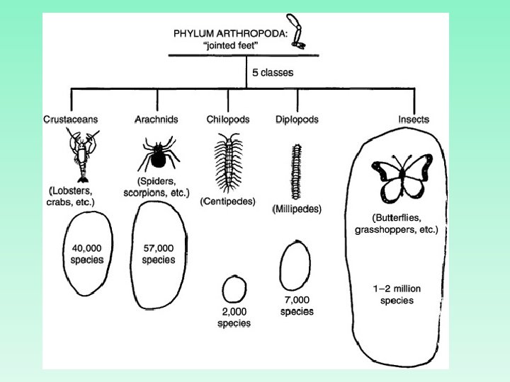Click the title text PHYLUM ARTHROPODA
(x=234, y=33)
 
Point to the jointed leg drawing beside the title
(x=300, y=35)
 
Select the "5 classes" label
(x=273, y=72)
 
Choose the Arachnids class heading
(x=156, y=120)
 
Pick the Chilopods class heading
(x=228, y=120)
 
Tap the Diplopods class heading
(x=297, y=120)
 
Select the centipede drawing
(x=228, y=163)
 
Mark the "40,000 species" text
(x=88, y=254)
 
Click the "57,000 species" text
(x=159, y=254)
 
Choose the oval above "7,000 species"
(x=295, y=268)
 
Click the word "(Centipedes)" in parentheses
(x=228, y=201)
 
